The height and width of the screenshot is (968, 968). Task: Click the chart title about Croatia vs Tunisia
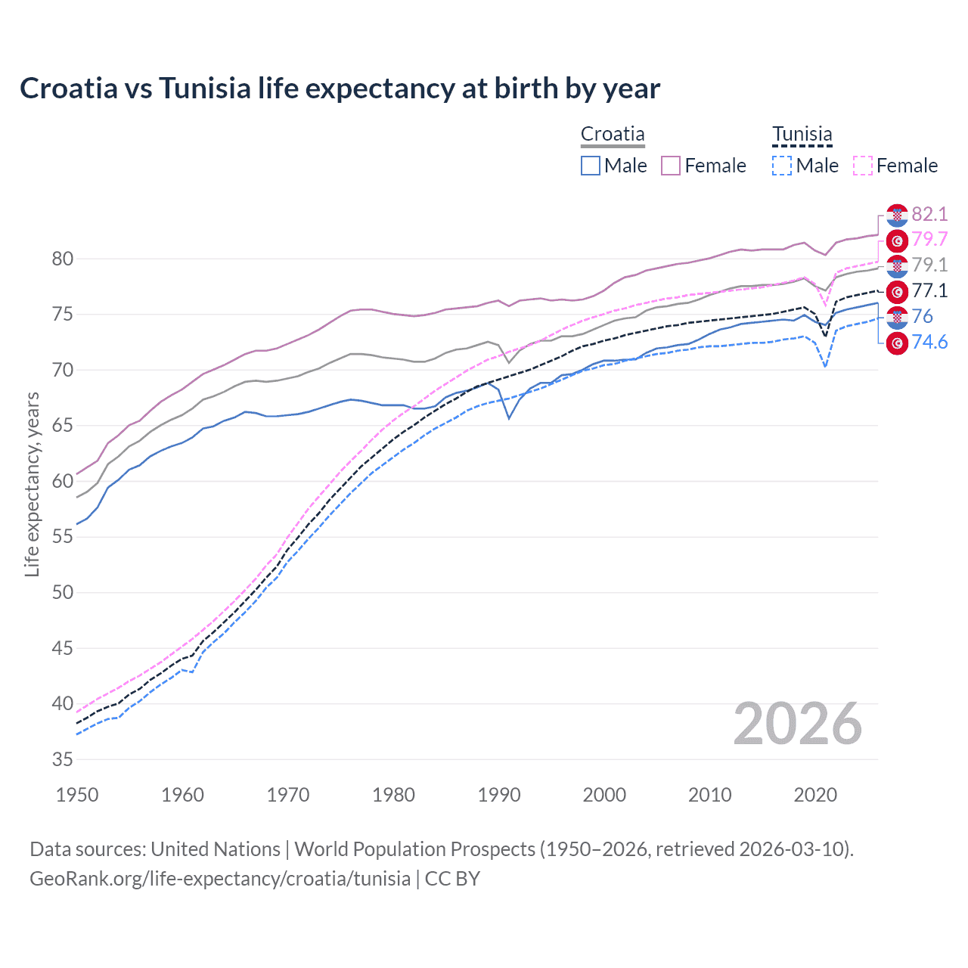tap(340, 88)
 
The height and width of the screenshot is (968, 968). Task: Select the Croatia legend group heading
tap(613, 135)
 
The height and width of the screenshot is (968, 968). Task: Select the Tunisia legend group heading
tap(802, 135)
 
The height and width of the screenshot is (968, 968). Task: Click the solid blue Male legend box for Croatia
tap(591, 166)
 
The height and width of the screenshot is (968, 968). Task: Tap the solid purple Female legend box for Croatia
tap(671, 166)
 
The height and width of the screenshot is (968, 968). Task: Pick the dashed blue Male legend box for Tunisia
tap(782, 166)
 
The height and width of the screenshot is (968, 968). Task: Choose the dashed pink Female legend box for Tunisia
tap(863, 166)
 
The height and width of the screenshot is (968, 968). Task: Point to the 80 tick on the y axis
tap(63, 259)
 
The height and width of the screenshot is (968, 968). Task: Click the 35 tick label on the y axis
tap(63, 759)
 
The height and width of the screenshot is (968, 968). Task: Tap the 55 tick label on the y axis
tap(63, 537)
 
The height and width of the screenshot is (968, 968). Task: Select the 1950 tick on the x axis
tap(77, 795)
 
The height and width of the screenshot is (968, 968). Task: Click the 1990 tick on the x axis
tap(499, 795)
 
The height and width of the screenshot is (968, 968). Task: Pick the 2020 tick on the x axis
tap(815, 795)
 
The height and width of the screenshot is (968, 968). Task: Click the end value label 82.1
tap(929, 214)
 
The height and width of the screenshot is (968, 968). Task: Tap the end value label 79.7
tap(929, 240)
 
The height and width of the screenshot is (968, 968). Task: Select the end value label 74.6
tap(929, 343)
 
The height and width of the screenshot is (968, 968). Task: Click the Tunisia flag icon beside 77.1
tap(897, 291)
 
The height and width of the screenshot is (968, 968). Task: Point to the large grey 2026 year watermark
tap(797, 724)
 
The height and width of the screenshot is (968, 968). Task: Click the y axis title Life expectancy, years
tap(32, 484)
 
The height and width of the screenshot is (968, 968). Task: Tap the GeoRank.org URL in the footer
tap(220, 879)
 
